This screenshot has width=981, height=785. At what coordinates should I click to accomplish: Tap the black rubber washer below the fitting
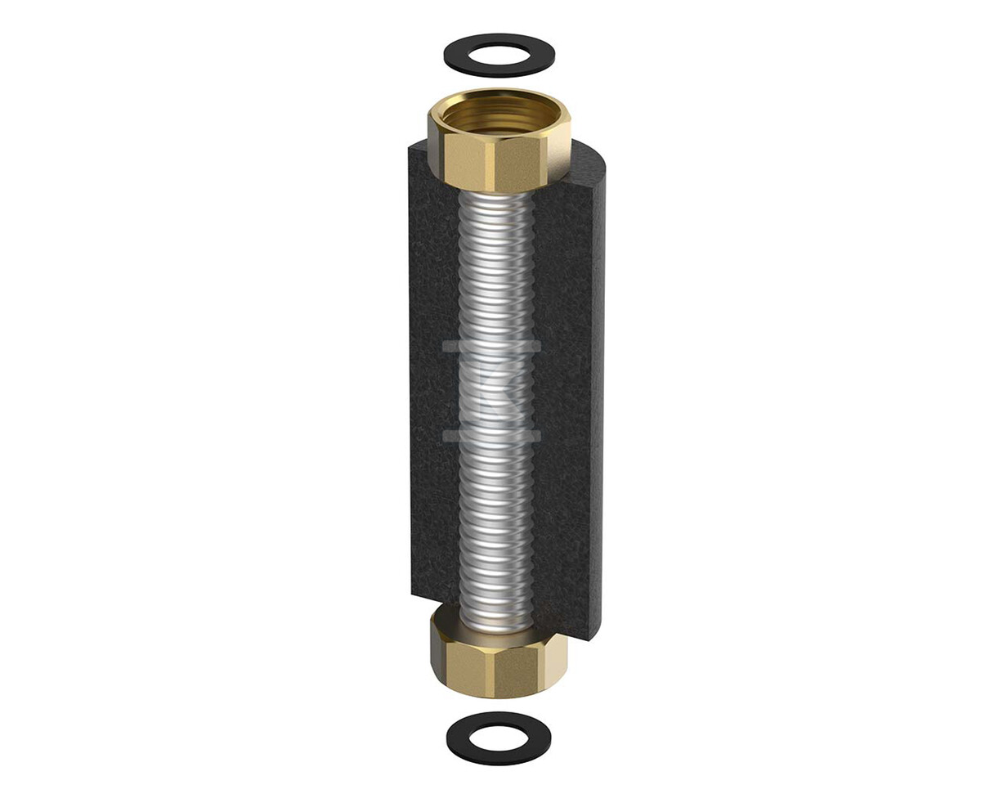point(462,738)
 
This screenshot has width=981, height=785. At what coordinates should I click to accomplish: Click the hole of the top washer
point(499,55)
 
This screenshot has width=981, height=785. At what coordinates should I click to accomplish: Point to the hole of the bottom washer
point(499,737)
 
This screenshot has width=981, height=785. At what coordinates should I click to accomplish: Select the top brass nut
point(499,143)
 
